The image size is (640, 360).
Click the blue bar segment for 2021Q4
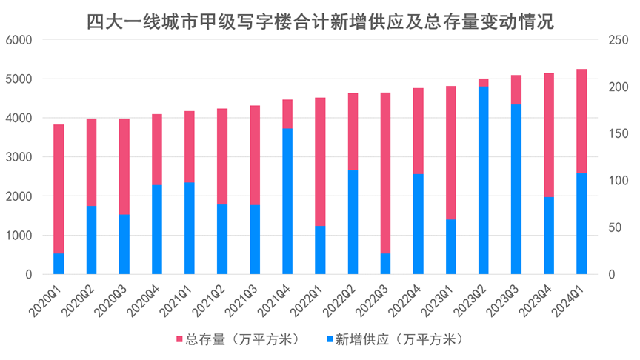click(x=287, y=201)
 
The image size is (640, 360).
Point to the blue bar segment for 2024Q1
click(x=581, y=223)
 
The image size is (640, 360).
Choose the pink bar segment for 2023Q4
click(x=549, y=134)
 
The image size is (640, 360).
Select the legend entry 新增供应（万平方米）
click(x=393, y=339)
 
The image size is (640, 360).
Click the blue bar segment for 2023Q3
click(x=516, y=189)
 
